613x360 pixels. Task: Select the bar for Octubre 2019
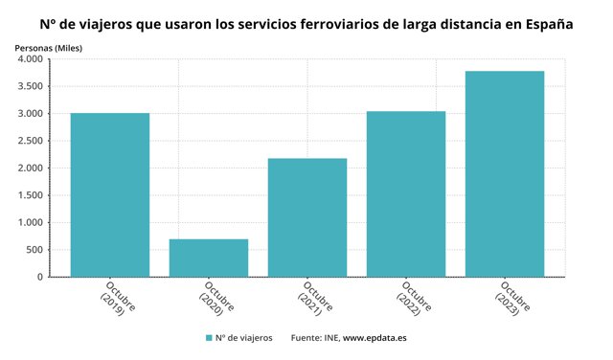(x=110, y=195)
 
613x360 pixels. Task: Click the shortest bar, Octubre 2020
(x=209, y=258)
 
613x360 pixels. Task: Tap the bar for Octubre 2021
(x=307, y=217)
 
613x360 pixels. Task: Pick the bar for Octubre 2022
(x=406, y=194)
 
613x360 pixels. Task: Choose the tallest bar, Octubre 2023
(x=505, y=174)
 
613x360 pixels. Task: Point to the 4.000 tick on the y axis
(x=30, y=59)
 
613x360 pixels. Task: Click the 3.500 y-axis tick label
(x=30, y=86)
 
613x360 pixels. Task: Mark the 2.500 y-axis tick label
(x=30, y=141)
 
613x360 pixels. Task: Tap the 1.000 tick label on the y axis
(x=30, y=222)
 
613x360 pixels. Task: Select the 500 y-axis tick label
(x=34, y=250)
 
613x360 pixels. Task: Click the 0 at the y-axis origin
(x=40, y=277)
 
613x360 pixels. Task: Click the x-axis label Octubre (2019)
(x=117, y=299)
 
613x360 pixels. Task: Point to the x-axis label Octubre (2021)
(x=315, y=299)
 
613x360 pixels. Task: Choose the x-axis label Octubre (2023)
(x=512, y=299)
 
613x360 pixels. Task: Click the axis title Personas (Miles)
(x=49, y=48)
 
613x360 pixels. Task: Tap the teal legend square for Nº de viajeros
(x=209, y=338)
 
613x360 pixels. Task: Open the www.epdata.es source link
(x=375, y=338)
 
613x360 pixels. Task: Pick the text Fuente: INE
(x=315, y=338)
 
